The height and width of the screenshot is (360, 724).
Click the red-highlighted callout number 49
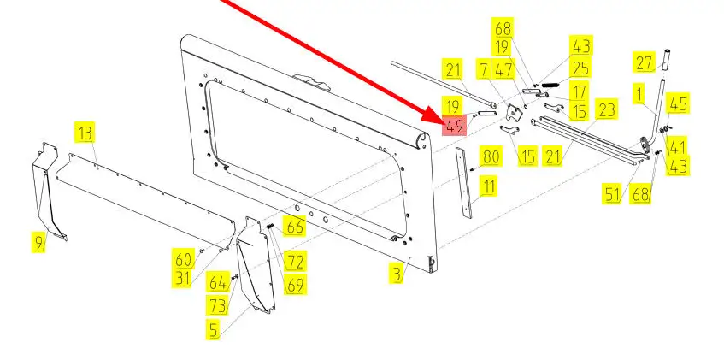(455, 125)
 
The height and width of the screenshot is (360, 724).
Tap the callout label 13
(85, 133)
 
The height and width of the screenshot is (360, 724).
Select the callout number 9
(38, 242)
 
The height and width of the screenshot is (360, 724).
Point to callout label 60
(183, 259)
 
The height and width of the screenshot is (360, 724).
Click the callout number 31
(183, 278)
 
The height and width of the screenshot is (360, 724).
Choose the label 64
(217, 282)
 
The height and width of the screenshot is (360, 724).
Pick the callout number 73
(217, 305)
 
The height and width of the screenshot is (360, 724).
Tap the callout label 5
(213, 329)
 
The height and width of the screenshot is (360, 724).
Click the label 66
(295, 227)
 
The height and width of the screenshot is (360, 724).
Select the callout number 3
(397, 274)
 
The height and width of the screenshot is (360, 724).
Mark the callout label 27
(645, 62)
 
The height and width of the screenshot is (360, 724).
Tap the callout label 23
(606, 109)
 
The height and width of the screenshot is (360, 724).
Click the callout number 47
(503, 70)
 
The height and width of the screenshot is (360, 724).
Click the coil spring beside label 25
(550, 85)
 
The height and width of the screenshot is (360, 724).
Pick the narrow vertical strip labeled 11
(464, 183)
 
